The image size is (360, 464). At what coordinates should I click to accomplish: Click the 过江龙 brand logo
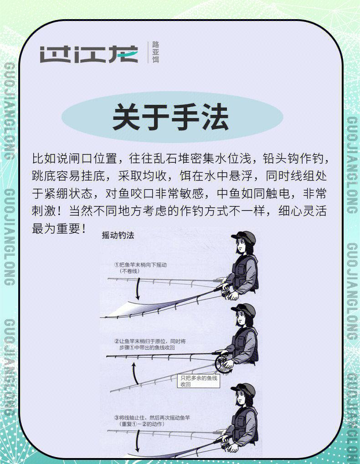click(x=89, y=54)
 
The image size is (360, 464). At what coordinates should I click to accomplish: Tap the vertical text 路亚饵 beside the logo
click(x=155, y=52)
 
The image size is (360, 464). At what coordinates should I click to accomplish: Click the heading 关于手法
click(x=171, y=117)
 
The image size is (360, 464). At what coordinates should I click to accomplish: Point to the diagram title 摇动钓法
click(x=118, y=235)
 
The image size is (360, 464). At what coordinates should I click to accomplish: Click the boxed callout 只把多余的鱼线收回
click(x=199, y=381)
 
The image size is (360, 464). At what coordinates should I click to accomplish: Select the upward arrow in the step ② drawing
click(x=134, y=373)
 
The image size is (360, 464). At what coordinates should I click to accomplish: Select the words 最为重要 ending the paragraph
click(x=56, y=228)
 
